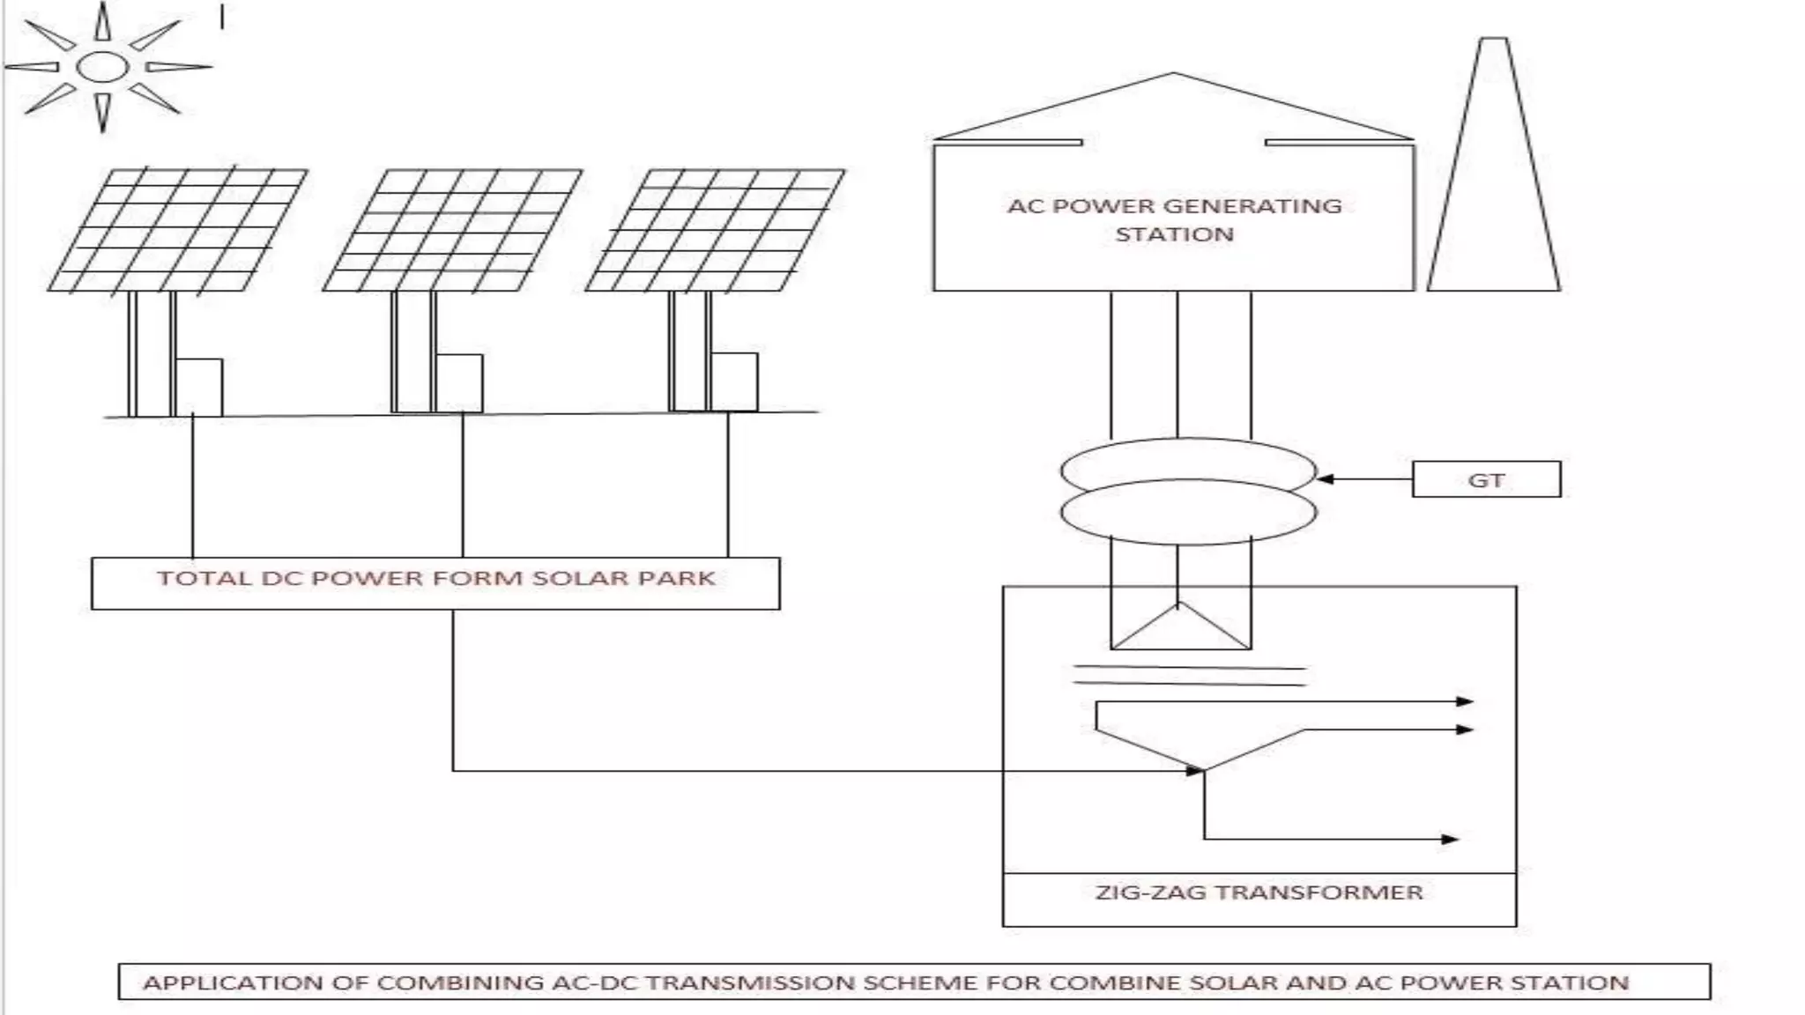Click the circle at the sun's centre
[x=102, y=67]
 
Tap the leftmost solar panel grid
[x=177, y=230]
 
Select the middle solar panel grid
[x=452, y=230]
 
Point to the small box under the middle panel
[x=460, y=382]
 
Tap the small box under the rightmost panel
[x=735, y=381]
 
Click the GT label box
[x=1486, y=480]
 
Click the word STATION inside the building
[x=1174, y=234]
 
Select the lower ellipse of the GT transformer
[x=1188, y=515]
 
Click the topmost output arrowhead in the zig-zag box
[x=1464, y=701]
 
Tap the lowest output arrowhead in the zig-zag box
[x=1450, y=839]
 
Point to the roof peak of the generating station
[x=1173, y=74]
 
